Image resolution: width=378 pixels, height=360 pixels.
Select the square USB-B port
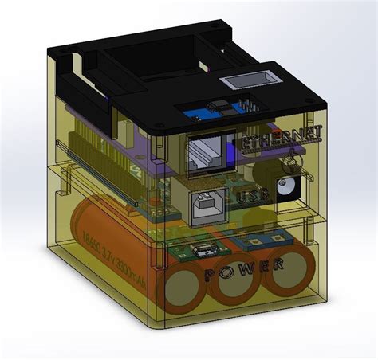pyautogui.click(x=207, y=203)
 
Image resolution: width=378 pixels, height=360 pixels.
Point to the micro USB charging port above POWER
pyautogui.click(x=205, y=246)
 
